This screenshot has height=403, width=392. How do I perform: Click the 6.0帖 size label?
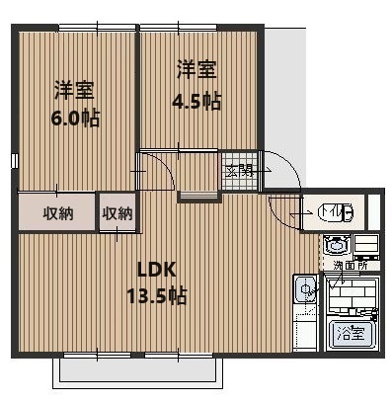(x=75, y=119)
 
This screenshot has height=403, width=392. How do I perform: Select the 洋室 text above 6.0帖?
(x=74, y=91)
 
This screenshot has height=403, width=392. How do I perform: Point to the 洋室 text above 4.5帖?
(x=196, y=71)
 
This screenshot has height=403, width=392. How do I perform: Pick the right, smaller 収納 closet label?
(x=118, y=212)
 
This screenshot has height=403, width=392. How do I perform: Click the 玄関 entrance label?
(x=239, y=171)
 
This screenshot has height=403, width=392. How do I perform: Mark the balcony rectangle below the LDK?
(x=135, y=369)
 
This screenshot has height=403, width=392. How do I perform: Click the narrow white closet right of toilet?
(x=373, y=210)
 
